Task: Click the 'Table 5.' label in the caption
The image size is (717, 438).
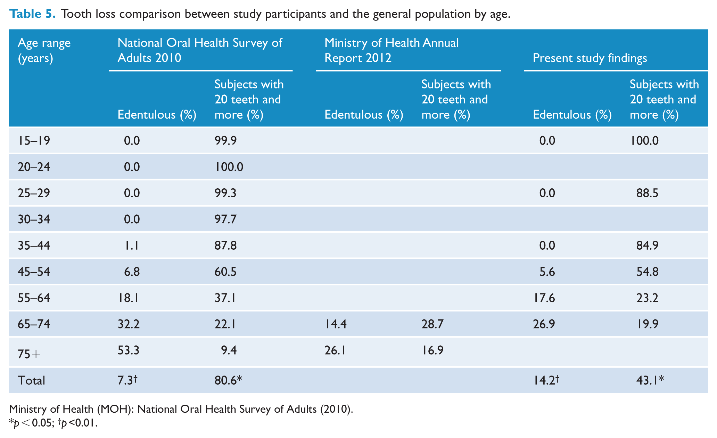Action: coord(32,14)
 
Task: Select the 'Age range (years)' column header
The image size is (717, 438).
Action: coord(44,50)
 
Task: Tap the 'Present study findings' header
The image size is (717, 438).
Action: coord(590,58)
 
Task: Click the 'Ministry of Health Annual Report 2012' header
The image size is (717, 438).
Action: coord(392,50)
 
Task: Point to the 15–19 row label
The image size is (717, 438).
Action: coord(34,141)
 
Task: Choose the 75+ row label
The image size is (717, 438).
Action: coord(29,354)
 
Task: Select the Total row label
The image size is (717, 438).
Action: coord(31,380)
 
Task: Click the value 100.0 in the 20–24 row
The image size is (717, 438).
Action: coord(229,167)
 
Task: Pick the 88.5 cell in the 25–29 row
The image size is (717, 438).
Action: coord(644,193)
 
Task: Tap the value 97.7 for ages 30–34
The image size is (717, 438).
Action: coord(225,220)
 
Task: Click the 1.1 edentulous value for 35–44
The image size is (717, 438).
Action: coord(132,246)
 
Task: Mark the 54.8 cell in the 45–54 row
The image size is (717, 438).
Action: coord(644,272)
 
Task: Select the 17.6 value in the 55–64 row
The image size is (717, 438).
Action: coord(544,298)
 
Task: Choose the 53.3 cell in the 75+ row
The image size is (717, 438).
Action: coord(129,351)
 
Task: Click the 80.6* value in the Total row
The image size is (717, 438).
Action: coord(228,380)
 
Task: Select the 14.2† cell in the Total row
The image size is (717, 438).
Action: coord(546,380)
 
